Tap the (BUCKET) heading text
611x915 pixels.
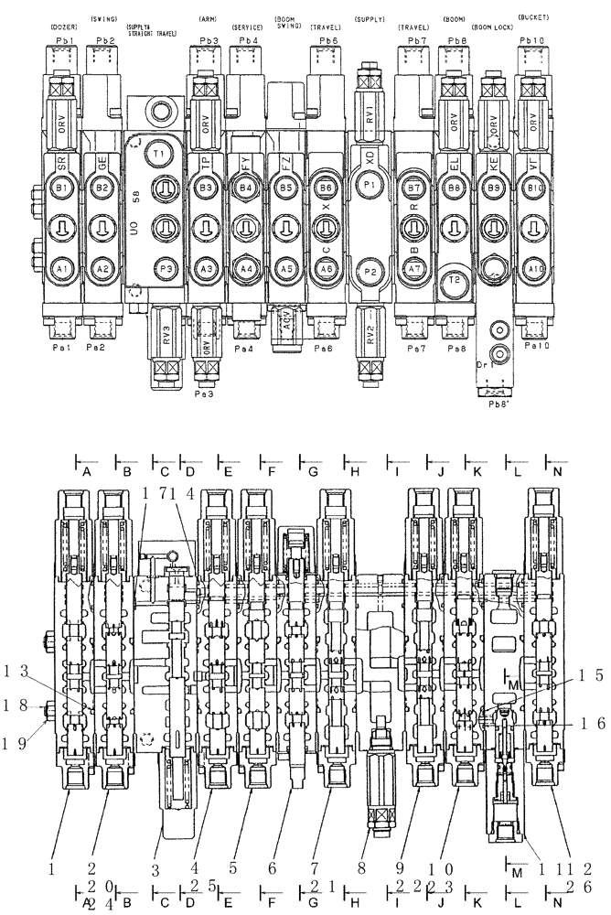[533, 17]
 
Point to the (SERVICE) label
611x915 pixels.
[248, 28]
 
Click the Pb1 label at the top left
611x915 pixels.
[63, 41]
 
